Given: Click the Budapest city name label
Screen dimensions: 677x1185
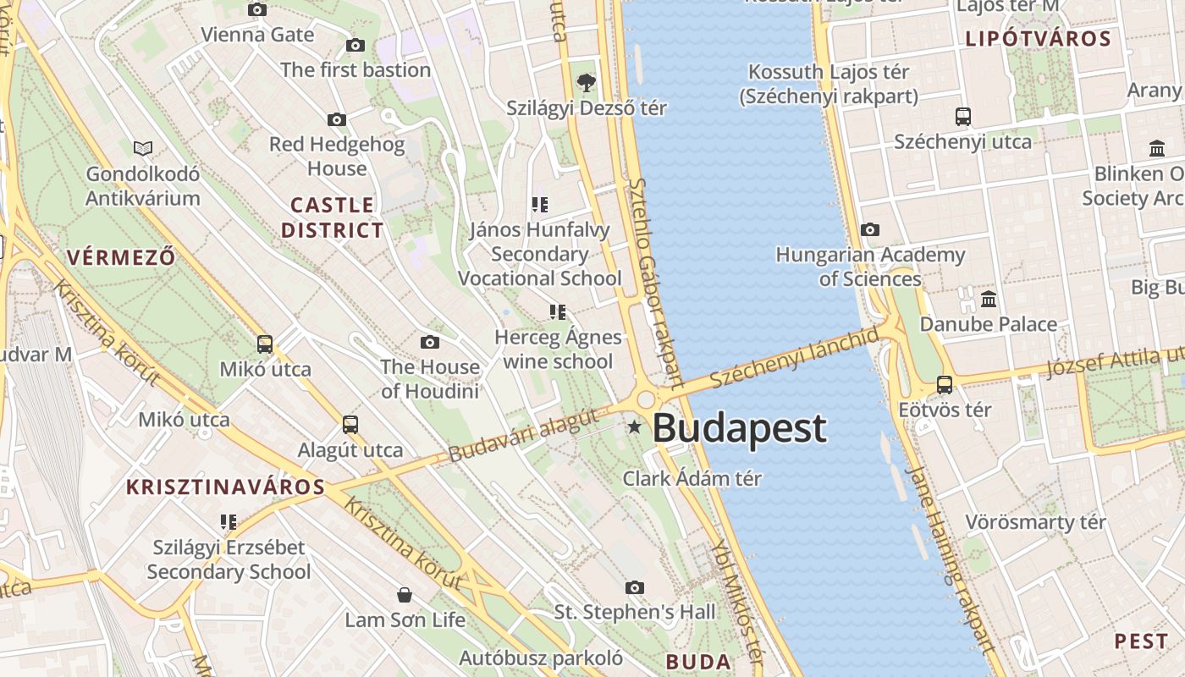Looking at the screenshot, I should [x=739, y=428].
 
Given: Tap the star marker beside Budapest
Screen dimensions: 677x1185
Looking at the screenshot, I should [x=634, y=427].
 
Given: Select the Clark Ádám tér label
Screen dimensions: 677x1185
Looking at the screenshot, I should [x=692, y=478].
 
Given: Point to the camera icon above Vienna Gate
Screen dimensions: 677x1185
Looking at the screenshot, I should [x=257, y=9].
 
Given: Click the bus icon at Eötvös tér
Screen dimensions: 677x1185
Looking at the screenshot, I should [x=945, y=385].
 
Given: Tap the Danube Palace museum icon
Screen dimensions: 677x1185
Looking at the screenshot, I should [x=989, y=299].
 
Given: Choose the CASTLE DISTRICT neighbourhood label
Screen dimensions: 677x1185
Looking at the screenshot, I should [x=332, y=217].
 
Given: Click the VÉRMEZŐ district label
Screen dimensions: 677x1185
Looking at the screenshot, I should [x=121, y=257].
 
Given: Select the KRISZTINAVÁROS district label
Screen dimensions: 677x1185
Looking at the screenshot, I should [x=225, y=487].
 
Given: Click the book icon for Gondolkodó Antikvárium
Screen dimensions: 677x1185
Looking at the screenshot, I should [x=143, y=149].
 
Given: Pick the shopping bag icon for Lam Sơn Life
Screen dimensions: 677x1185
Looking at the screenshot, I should [x=405, y=595].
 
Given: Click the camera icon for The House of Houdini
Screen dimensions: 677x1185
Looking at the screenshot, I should [x=430, y=342].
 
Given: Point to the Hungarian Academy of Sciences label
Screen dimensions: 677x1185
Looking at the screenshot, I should [x=870, y=267].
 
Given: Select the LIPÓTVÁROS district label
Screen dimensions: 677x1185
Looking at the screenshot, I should [x=1038, y=39].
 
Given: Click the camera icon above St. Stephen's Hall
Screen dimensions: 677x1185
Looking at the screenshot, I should [x=635, y=587].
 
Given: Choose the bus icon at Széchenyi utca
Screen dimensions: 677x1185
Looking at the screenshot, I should [x=962, y=116].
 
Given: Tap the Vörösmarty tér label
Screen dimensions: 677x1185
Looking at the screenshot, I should [x=1035, y=522].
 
